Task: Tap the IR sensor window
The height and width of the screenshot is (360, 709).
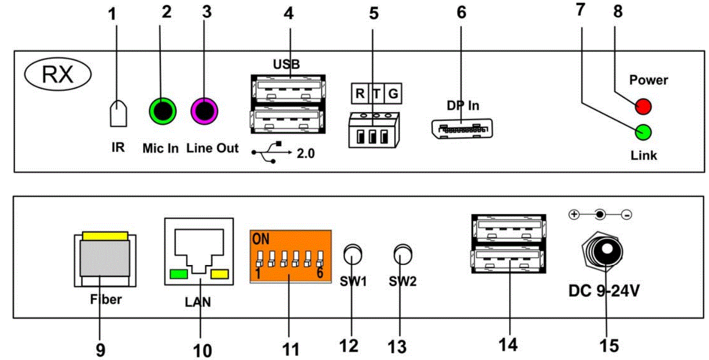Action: pos(118,113)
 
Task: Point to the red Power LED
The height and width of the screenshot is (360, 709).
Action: pos(643,107)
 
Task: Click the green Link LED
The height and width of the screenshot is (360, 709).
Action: pos(643,132)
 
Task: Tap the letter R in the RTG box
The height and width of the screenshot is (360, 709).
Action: pos(360,94)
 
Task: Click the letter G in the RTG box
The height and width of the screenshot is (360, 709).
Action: pos(393,94)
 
